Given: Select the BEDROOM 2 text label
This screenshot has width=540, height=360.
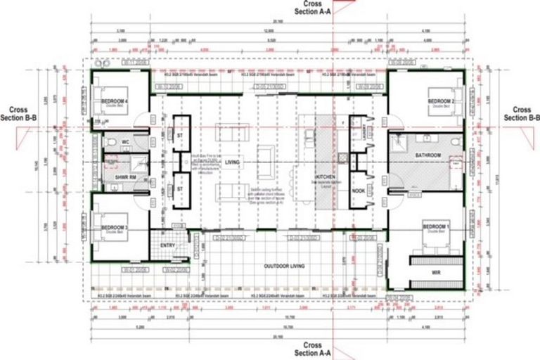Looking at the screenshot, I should pos(442,102).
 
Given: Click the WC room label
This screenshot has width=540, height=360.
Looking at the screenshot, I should pos(126,142).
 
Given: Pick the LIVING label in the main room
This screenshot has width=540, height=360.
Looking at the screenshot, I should pos(232,162).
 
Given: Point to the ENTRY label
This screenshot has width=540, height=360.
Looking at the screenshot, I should pos(167,245).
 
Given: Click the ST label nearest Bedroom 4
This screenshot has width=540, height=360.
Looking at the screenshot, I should pos(180,135).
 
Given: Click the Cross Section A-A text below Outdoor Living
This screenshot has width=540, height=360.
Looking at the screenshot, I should pos(308,349).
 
